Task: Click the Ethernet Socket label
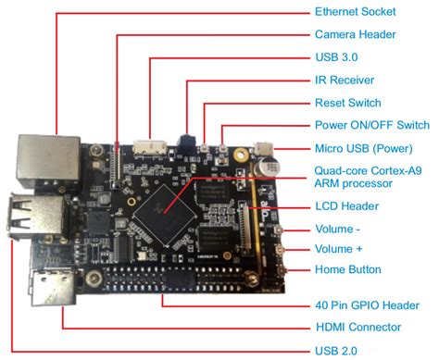pos(356,12)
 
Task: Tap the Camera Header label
pos(356,35)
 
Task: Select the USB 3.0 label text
pos(335,57)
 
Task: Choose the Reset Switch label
pos(347,103)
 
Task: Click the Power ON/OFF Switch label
pos(371,125)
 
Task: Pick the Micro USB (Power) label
pos(364,148)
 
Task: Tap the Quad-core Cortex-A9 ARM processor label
pos(366,176)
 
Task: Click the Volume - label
pos(339,228)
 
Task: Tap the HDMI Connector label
pos(357,327)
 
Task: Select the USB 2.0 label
pos(335,350)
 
